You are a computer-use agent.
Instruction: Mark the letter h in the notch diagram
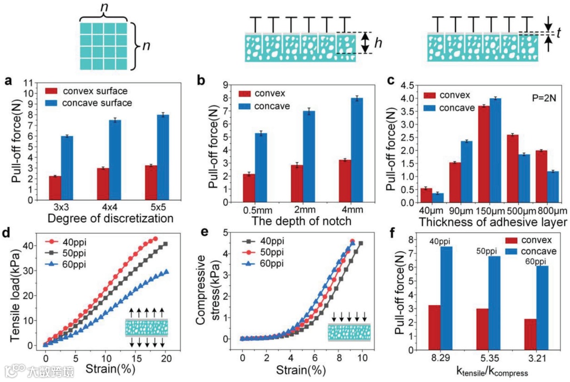pyautogui.click(x=378, y=44)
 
